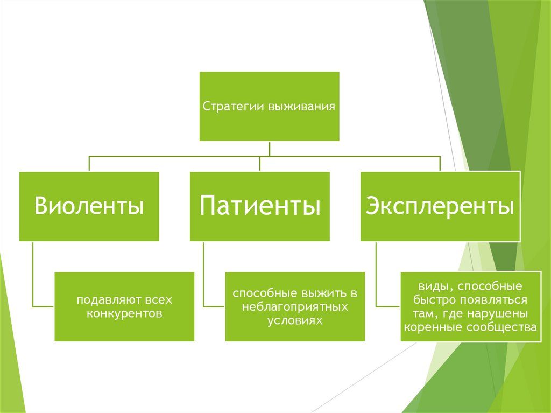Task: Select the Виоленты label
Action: [x=89, y=206]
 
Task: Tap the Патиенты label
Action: [x=260, y=206]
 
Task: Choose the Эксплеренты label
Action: [x=440, y=206]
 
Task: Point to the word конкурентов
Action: [x=124, y=313]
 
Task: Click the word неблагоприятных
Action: [x=295, y=307]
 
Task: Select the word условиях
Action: [x=295, y=319]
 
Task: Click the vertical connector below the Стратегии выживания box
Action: [x=269, y=148]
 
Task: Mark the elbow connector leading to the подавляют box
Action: [x=33, y=280]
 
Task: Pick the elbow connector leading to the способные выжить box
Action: [x=204, y=280]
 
